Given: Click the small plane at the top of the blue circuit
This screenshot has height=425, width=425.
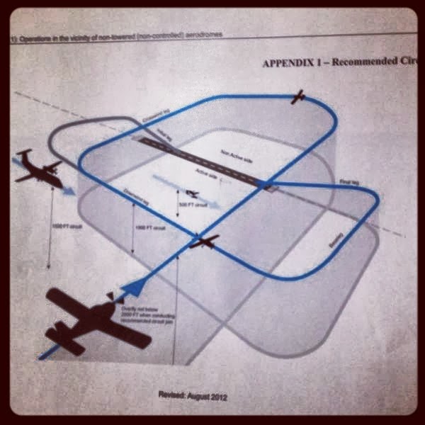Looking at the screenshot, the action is pyautogui.click(x=299, y=97).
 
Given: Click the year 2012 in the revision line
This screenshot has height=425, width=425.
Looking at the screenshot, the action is pyautogui.click(x=217, y=394).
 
